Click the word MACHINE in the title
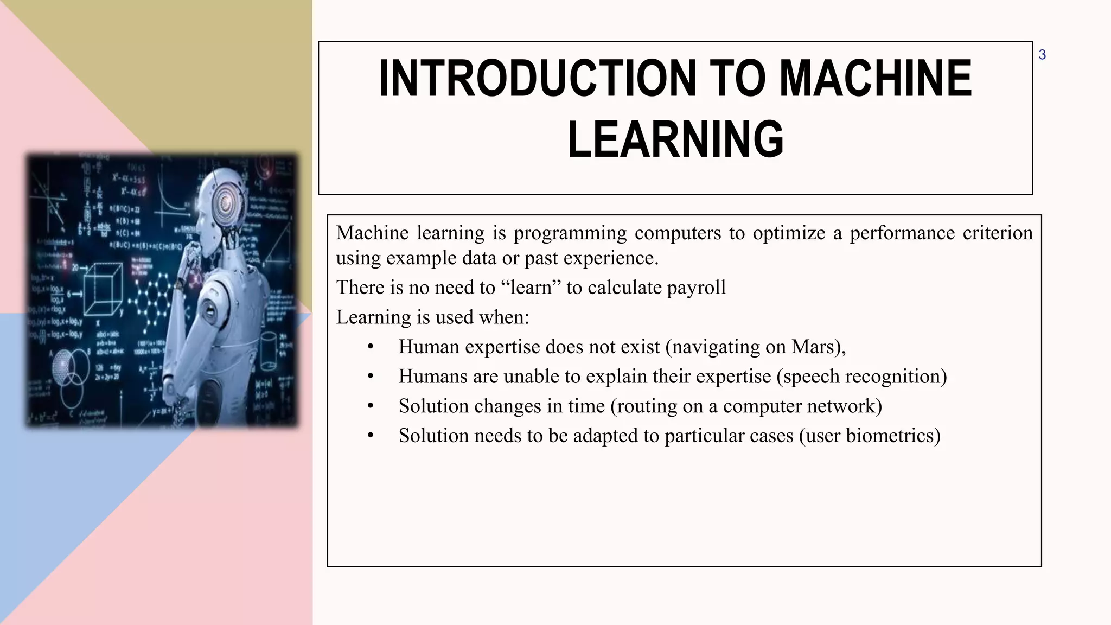point(875,79)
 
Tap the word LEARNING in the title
point(675,139)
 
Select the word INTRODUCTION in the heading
point(537,79)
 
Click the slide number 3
point(1042,55)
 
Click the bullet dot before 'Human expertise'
point(371,347)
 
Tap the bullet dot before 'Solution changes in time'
point(371,406)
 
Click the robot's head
point(222,201)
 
